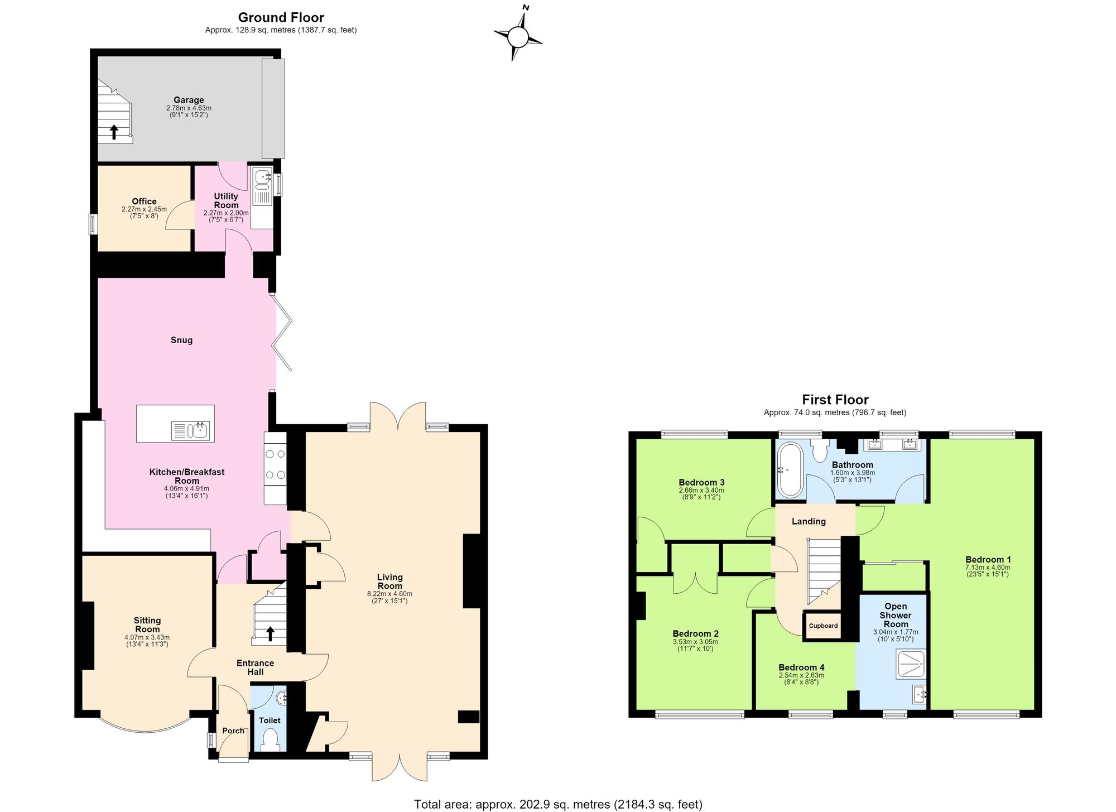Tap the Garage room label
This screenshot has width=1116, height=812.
[x=189, y=100]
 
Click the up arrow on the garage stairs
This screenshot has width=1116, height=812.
[x=114, y=132]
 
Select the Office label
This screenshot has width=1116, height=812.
[x=144, y=201]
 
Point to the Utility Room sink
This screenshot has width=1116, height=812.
[x=261, y=177]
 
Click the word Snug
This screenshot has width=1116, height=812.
[x=181, y=340]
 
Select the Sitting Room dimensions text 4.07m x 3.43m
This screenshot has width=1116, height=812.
[x=147, y=637]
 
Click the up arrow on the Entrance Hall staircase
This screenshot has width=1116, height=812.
[x=271, y=634]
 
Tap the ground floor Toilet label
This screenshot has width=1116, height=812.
[x=270, y=720]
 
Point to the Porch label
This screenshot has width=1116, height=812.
[x=233, y=731]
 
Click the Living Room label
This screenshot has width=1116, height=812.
[x=389, y=582]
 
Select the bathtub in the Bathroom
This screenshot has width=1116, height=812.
[x=789, y=470]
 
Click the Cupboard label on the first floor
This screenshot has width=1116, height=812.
[x=823, y=626]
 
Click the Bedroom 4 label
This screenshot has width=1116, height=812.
[x=801, y=667]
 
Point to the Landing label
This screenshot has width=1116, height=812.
[x=809, y=521]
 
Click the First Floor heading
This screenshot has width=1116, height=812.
[x=835, y=400]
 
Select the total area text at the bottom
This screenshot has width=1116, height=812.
[x=558, y=804]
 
